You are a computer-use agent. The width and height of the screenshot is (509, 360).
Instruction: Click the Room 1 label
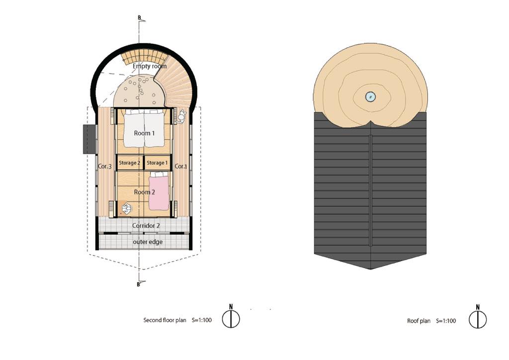click(x=144, y=133)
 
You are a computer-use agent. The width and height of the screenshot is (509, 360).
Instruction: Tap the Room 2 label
click(x=145, y=192)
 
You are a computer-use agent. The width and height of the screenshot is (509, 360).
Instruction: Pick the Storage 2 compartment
click(x=130, y=163)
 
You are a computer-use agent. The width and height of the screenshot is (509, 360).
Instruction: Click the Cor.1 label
click(x=181, y=166)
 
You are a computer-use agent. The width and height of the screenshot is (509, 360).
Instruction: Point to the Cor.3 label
click(x=104, y=166)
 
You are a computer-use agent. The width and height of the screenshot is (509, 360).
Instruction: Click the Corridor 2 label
click(x=146, y=225)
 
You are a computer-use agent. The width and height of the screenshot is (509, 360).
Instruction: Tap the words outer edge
click(x=148, y=242)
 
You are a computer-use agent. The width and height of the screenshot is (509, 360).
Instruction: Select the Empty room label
click(x=149, y=66)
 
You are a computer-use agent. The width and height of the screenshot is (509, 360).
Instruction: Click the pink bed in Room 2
click(x=159, y=191)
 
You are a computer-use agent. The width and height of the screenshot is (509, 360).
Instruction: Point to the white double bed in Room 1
click(x=144, y=128)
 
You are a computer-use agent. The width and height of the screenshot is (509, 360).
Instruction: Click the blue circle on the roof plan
click(x=370, y=96)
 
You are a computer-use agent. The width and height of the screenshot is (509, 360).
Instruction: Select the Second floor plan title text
click(x=165, y=320)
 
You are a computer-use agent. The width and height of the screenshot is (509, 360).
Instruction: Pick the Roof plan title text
click(x=419, y=321)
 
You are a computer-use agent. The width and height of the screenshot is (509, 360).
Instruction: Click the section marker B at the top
click(x=139, y=18)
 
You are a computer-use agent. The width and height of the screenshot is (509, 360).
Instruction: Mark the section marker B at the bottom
click(x=138, y=284)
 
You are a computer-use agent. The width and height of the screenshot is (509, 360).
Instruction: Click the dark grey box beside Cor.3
click(x=89, y=139)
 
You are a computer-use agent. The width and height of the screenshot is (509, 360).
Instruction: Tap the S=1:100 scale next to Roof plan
click(x=446, y=321)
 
